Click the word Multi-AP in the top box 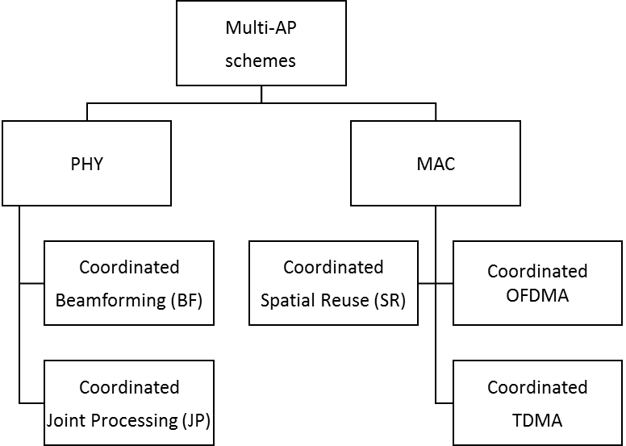261,28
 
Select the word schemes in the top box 261,61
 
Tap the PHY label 86,164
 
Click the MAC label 436,164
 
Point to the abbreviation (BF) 186,300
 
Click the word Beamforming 111,301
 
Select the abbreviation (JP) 196,420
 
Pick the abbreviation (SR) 390,300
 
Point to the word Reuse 342,301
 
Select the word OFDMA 537,296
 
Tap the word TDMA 537,420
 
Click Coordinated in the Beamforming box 129,267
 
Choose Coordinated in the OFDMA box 537,271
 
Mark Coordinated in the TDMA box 537,387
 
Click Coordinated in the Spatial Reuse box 333,267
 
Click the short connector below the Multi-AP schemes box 261,94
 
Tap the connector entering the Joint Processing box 31,403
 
